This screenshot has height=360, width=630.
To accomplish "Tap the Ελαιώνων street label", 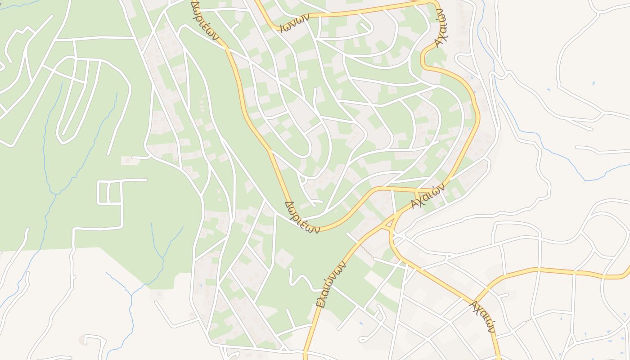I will pyautogui.click(x=331, y=284).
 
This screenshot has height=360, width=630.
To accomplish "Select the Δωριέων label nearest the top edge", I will pyautogui.click(x=205, y=20).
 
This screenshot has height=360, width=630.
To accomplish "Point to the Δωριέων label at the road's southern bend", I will pyautogui.click(x=302, y=217).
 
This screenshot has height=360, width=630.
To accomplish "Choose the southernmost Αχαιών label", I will pyautogui.click(x=482, y=317).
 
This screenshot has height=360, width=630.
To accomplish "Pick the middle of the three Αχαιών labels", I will pyautogui.click(x=427, y=196).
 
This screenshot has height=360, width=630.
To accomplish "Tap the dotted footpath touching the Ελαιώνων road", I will pyautogui.click(x=365, y=250).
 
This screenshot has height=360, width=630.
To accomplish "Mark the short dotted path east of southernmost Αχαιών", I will pyautogui.click(x=528, y=320).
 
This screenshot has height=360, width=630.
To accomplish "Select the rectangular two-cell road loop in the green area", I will pyautogui.click(x=110, y=192).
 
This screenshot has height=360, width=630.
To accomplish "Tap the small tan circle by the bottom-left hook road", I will pyautogui.click(x=81, y=339).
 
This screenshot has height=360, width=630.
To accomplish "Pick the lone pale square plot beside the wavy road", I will pyautogui.click(x=284, y=259).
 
